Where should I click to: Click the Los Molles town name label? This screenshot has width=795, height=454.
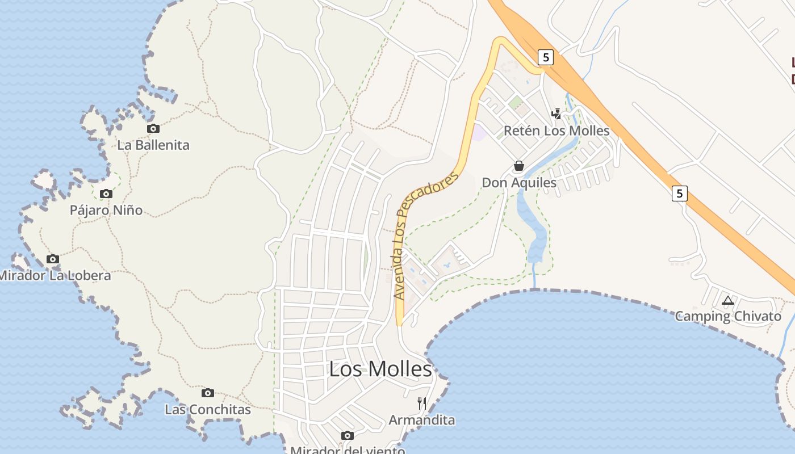pyautogui.click(x=380, y=369)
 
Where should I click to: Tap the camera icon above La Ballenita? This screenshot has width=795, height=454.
pyautogui.click(x=153, y=129)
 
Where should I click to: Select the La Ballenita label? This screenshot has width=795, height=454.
pyautogui.click(x=153, y=145)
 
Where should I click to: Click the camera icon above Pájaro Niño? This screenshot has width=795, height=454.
pyautogui.click(x=106, y=194)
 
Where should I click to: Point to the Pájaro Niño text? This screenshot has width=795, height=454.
pyautogui.click(x=106, y=211)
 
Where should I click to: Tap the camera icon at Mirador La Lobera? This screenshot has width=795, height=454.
pyautogui.click(x=52, y=259)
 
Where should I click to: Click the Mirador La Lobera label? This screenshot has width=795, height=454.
pyautogui.click(x=55, y=276)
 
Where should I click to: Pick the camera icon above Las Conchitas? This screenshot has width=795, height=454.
pyautogui.click(x=208, y=393)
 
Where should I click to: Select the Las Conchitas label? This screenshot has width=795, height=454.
pyautogui.click(x=208, y=410)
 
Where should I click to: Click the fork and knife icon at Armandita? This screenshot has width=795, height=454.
pyautogui.click(x=422, y=403)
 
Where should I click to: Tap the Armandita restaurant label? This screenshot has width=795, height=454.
pyautogui.click(x=422, y=421)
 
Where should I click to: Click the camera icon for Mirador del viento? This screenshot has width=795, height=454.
pyautogui.click(x=348, y=436)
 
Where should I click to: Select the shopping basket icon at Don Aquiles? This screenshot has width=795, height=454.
pyautogui.click(x=519, y=166)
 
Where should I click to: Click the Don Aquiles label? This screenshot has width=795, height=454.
pyautogui.click(x=519, y=183)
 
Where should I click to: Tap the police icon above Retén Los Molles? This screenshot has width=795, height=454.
pyautogui.click(x=556, y=114)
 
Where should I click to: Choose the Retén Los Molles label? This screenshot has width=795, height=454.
pyautogui.click(x=556, y=131)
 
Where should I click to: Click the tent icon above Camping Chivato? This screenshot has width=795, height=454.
pyautogui.click(x=728, y=300)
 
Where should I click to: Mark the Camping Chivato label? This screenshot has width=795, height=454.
pyautogui.click(x=728, y=317)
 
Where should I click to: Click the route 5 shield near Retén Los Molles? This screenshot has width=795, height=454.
pyautogui.click(x=546, y=57)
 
